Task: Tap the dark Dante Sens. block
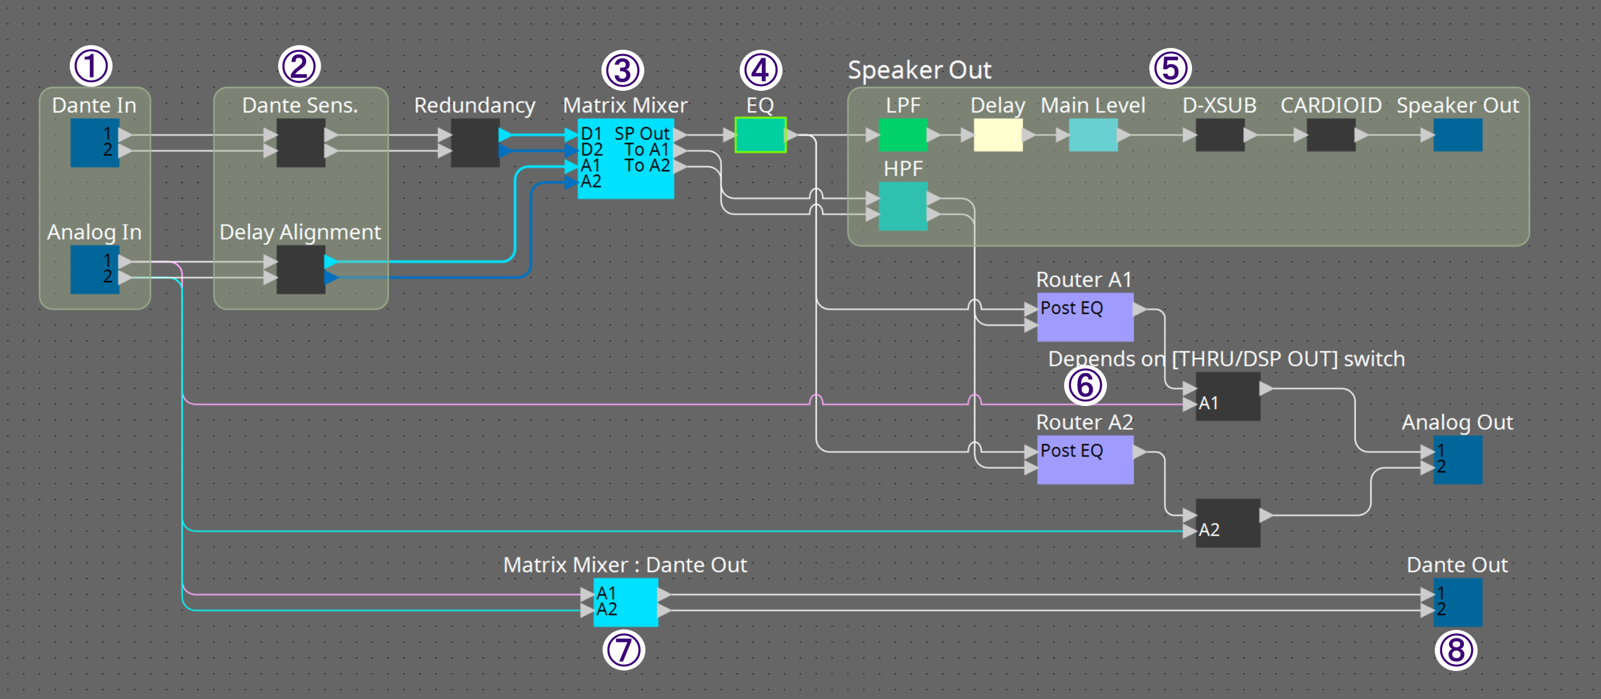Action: [x=300, y=142]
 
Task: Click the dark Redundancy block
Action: [x=474, y=142]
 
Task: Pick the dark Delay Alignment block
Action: [x=300, y=269]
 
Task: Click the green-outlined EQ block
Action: [x=760, y=135]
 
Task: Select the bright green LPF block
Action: [x=902, y=135]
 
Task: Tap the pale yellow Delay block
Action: [x=997, y=135]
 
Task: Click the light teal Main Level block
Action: [x=1093, y=135]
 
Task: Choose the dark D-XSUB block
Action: [x=1219, y=135]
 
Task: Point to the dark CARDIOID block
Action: [x=1331, y=135]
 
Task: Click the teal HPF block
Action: [x=902, y=206]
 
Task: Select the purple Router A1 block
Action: [x=1085, y=317]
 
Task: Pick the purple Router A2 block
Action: [x=1085, y=460]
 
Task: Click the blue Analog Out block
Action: [x=1458, y=460]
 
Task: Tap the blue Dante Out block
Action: [x=1458, y=602]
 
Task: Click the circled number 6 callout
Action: [x=1085, y=385]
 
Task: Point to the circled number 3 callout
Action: [x=622, y=70]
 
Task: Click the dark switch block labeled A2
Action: [x=1227, y=523]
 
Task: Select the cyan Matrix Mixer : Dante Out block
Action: [x=625, y=602]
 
